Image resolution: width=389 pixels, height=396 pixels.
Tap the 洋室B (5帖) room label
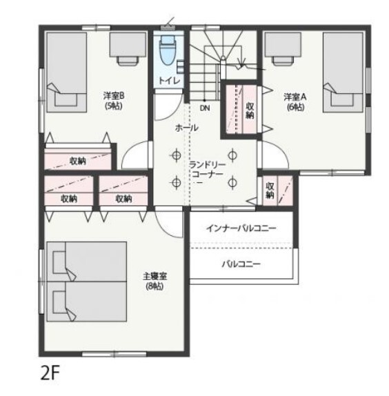(x=114, y=101)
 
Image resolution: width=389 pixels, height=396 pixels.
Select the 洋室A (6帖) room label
(x=295, y=102)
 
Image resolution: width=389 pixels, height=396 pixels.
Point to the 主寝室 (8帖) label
(x=154, y=281)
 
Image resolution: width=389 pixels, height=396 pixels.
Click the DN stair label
(x=205, y=108)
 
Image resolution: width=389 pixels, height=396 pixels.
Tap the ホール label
(x=186, y=128)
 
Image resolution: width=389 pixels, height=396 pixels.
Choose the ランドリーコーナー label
(x=207, y=170)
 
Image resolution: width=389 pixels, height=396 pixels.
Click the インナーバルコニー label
(x=241, y=228)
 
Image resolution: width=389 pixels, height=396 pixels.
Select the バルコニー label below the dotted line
(x=241, y=264)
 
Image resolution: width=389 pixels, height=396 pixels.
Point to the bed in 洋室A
(x=343, y=72)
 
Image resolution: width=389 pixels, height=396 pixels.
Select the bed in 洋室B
(x=67, y=72)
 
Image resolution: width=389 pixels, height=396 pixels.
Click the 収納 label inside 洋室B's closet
(x=78, y=161)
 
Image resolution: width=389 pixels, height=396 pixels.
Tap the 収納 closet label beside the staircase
(x=250, y=110)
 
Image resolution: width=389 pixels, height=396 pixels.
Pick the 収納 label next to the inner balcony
(x=270, y=190)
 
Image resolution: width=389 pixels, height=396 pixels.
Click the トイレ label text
(x=170, y=81)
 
